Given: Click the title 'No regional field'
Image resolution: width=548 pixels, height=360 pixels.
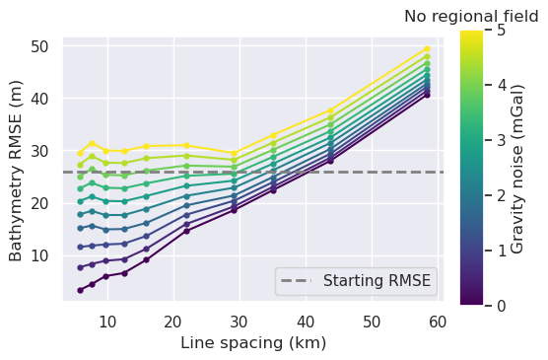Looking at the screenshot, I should click(471, 17).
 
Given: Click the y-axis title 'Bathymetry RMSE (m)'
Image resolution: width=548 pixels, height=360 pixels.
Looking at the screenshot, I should click(17, 170).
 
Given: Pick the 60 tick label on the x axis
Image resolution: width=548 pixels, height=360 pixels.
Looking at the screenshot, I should click(438, 321).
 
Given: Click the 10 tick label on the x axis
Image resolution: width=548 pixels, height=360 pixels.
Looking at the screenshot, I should click(107, 321).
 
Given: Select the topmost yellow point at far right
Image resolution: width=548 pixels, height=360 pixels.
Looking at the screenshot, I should click(427, 48).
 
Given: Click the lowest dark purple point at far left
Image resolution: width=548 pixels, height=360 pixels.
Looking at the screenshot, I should click(81, 290).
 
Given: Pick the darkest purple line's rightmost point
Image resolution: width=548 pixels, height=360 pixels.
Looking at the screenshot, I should click(427, 95).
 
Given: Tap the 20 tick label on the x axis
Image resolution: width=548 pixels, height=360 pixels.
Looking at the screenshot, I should click(173, 321).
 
